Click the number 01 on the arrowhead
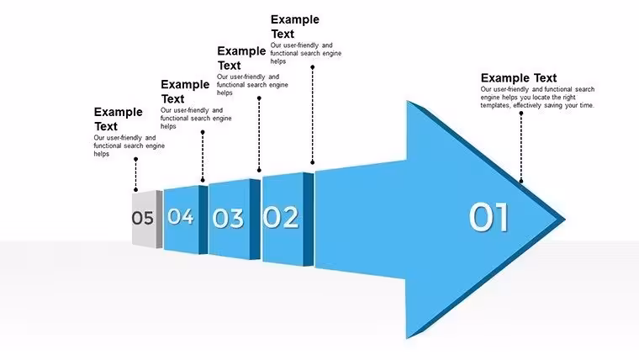(488, 217)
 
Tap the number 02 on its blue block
(280, 217)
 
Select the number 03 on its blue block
(228, 218)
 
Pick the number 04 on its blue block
(181, 216)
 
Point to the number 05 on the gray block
(143, 218)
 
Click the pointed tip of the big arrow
(565, 220)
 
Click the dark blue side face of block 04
(203, 220)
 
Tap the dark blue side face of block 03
(255, 220)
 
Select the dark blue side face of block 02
(309, 220)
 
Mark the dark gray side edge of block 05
(160, 219)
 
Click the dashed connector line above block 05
(135, 174)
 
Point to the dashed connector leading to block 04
(203, 156)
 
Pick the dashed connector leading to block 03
(259, 134)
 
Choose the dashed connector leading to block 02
(313, 114)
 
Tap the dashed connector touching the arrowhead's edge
(520, 147)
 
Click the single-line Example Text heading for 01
(519, 78)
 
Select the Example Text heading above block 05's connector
(119, 119)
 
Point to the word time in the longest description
(587, 105)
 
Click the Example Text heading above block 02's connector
(295, 27)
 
